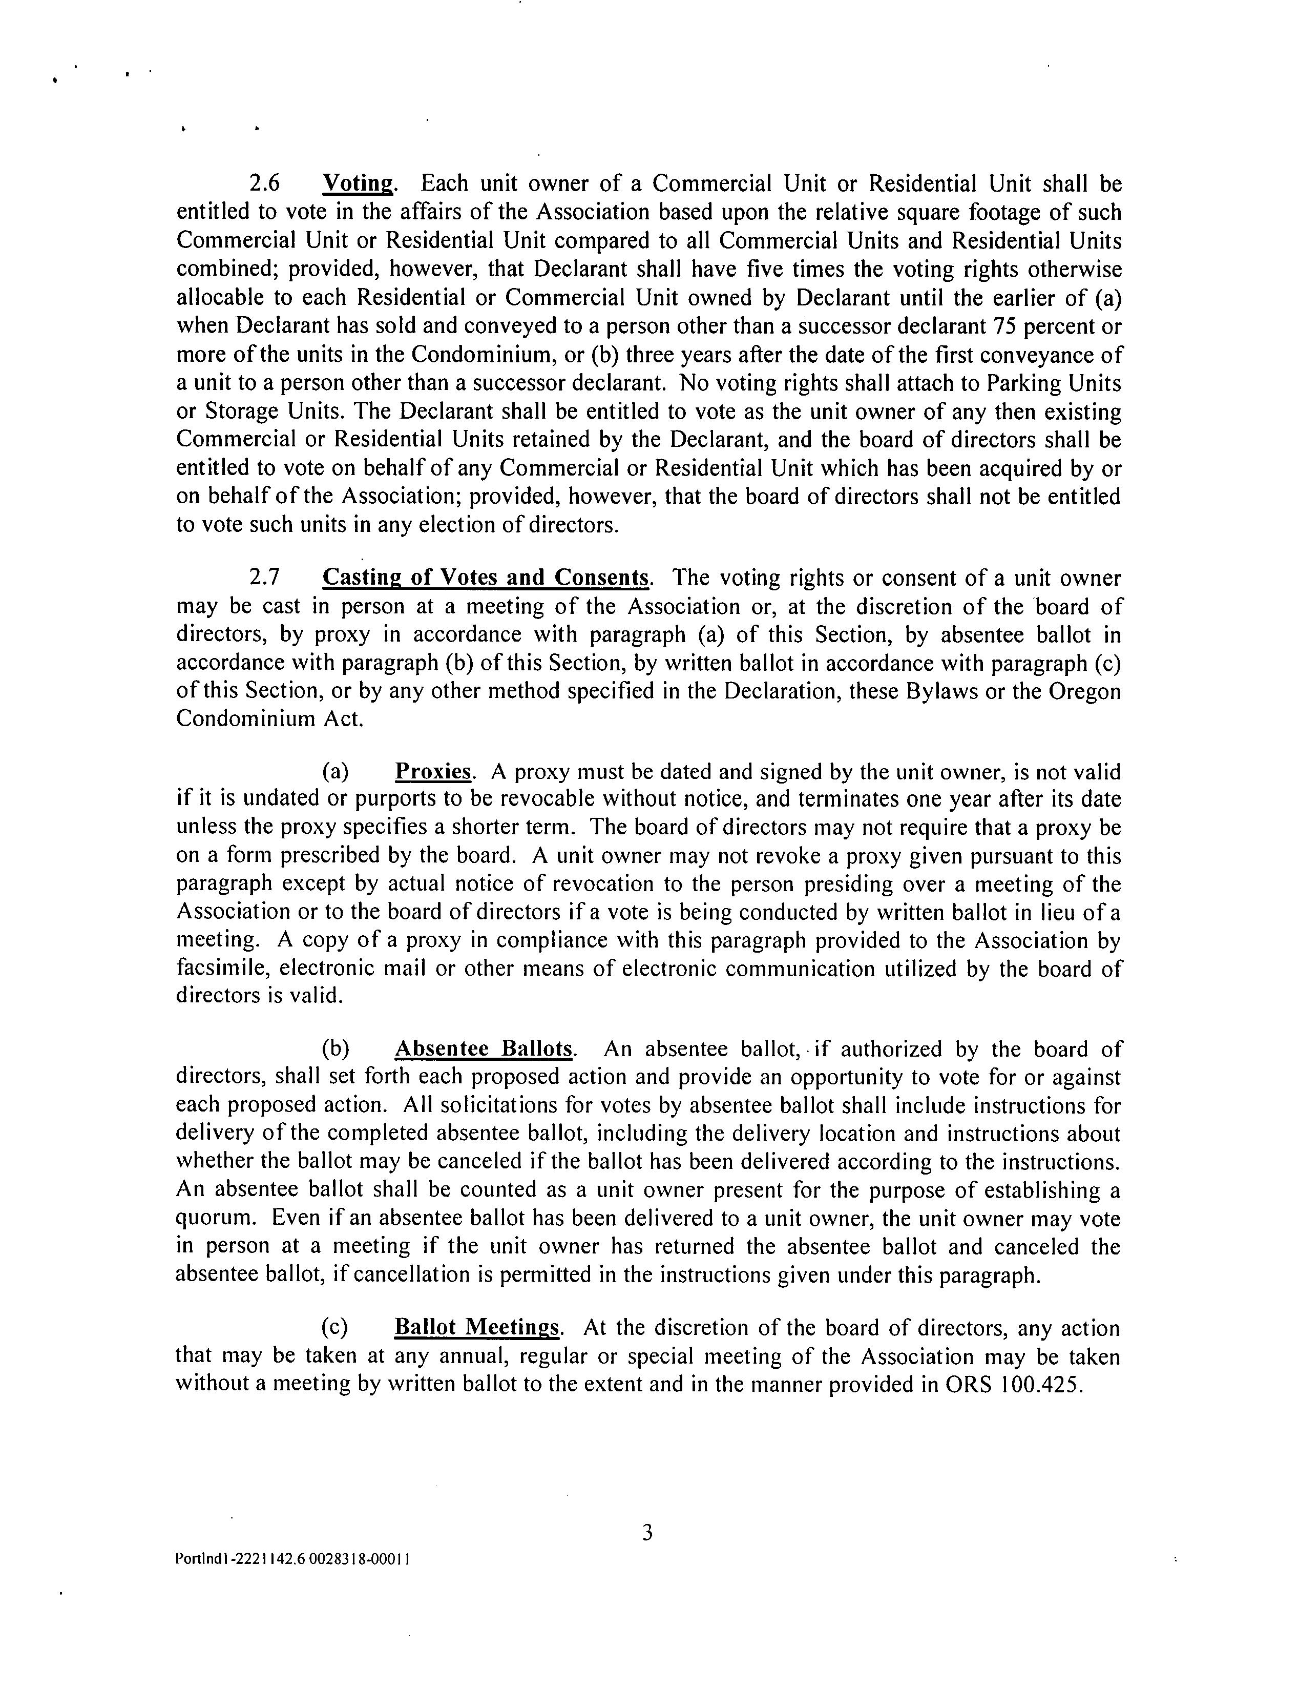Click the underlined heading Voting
[x=359, y=184]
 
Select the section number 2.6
[x=264, y=184]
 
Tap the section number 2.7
[x=264, y=578]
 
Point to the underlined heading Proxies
[x=432, y=772]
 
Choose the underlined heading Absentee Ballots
[x=484, y=1049]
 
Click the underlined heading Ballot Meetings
[x=476, y=1327]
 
